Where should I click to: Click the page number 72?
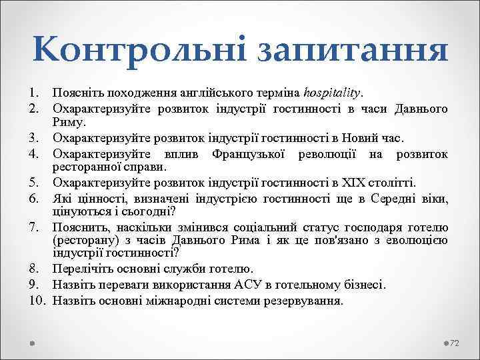455,343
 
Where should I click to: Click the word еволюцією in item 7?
419,240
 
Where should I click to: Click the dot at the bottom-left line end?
33,342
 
